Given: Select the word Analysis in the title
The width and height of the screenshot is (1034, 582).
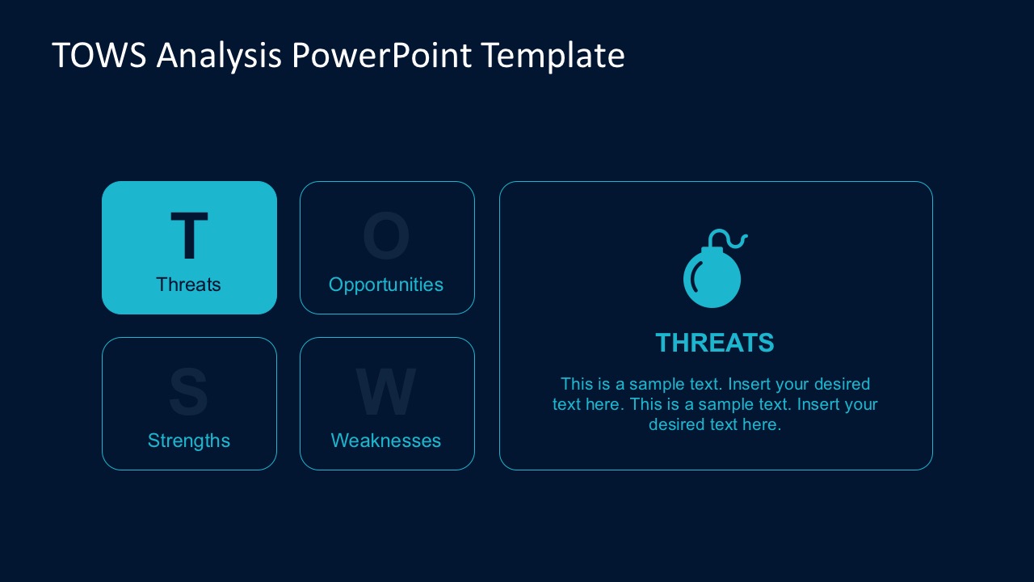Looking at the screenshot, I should (220, 56).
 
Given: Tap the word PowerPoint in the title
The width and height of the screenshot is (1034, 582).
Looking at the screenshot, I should (382, 56).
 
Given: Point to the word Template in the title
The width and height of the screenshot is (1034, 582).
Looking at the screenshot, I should (553, 56).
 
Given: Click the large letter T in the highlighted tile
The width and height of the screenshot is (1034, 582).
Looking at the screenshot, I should (189, 236).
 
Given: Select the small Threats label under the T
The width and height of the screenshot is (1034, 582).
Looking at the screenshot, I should (189, 285).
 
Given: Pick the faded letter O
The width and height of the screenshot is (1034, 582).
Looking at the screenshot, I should (386, 236).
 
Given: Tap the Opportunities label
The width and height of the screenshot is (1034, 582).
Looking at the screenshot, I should (386, 285).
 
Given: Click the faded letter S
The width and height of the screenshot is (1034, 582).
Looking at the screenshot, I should (188, 392).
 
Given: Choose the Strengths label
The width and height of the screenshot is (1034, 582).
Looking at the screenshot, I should (189, 441).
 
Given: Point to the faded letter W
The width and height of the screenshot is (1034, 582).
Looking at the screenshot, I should (386, 392).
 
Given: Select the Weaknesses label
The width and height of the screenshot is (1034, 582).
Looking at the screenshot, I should (386, 441).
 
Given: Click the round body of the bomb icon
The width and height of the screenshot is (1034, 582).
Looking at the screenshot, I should (712, 279).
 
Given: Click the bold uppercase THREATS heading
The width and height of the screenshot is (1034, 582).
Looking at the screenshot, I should (715, 343).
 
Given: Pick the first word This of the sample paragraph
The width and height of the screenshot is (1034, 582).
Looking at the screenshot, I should (577, 384).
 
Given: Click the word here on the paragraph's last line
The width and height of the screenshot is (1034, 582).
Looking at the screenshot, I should (762, 424).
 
